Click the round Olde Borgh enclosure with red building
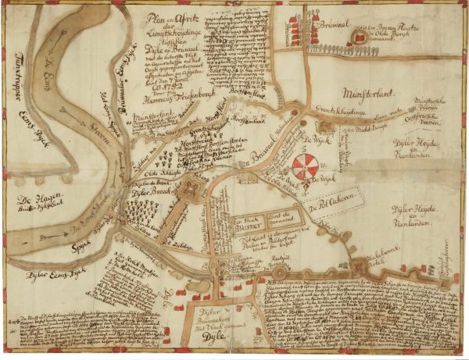tap(360, 36)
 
